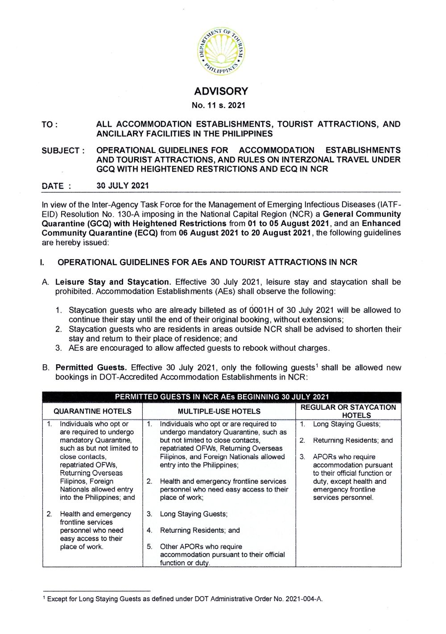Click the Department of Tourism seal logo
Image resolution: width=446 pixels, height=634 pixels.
pyautogui.click(x=221, y=51)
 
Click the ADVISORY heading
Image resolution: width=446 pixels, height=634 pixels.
pyautogui.click(x=221, y=91)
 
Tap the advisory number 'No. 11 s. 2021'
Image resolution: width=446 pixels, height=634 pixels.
pyautogui.click(x=219, y=106)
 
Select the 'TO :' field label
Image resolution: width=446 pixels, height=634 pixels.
pyautogui.click(x=50, y=125)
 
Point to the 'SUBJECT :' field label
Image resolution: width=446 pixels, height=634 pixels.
pyautogui.click(x=63, y=151)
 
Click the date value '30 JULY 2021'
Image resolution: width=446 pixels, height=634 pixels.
pyautogui.click(x=123, y=186)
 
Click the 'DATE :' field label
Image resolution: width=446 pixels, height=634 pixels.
pyautogui.click(x=56, y=186)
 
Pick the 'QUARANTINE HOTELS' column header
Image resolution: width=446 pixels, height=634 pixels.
pyautogui.click(x=92, y=412)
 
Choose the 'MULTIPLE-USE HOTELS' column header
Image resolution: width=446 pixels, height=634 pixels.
pyautogui.click(x=219, y=412)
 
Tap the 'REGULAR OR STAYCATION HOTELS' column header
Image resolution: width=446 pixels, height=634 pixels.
pyautogui.click(x=348, y=411)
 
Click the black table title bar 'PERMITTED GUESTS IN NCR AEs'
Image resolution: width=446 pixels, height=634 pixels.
pyautogui.click(x=222, y=397)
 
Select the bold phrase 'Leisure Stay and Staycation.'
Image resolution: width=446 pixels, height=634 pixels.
pyautogui.click(x=113, y=282)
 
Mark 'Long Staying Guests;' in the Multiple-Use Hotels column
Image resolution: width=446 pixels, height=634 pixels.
pyautogui.click(x=194, y=514)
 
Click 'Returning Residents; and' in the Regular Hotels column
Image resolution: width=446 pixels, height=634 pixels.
pyautogui.click(x=353, y=441)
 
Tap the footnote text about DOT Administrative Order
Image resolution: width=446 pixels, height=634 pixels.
pyautogui.click(x=185, y=599)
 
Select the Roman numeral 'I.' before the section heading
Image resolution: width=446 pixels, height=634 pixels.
pyautogui.click(x=42, y=262)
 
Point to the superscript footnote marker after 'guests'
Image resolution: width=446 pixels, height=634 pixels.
pyautogui.click(x=317, y=366)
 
